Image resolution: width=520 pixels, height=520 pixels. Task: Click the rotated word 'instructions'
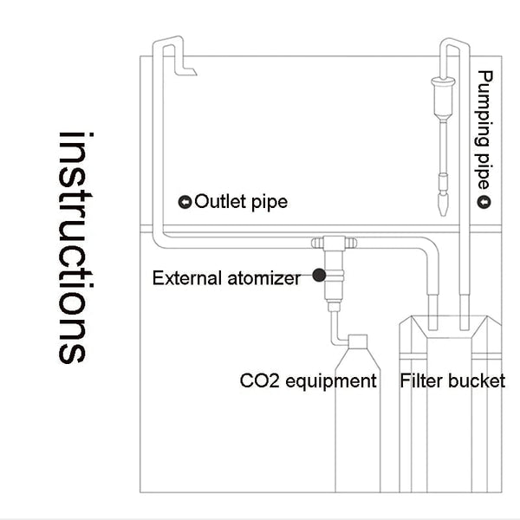point(73,248)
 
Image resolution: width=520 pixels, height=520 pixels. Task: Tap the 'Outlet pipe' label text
point(241,202)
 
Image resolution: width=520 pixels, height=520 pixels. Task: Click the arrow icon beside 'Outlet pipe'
point(185,202)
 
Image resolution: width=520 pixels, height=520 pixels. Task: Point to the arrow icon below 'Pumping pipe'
point(484,202)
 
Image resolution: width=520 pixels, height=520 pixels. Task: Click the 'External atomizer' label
point(226,278)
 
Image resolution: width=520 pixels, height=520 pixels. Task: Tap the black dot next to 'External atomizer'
point(319,276)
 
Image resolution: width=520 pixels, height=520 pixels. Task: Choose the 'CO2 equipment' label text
point(308,380)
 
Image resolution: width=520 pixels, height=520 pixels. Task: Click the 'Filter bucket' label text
point(452,380)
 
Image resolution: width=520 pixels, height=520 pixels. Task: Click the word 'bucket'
point(476,380)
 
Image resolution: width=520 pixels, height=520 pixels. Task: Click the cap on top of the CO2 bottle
point(358,340)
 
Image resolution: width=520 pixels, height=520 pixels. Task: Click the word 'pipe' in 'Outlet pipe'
point(270,203)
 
